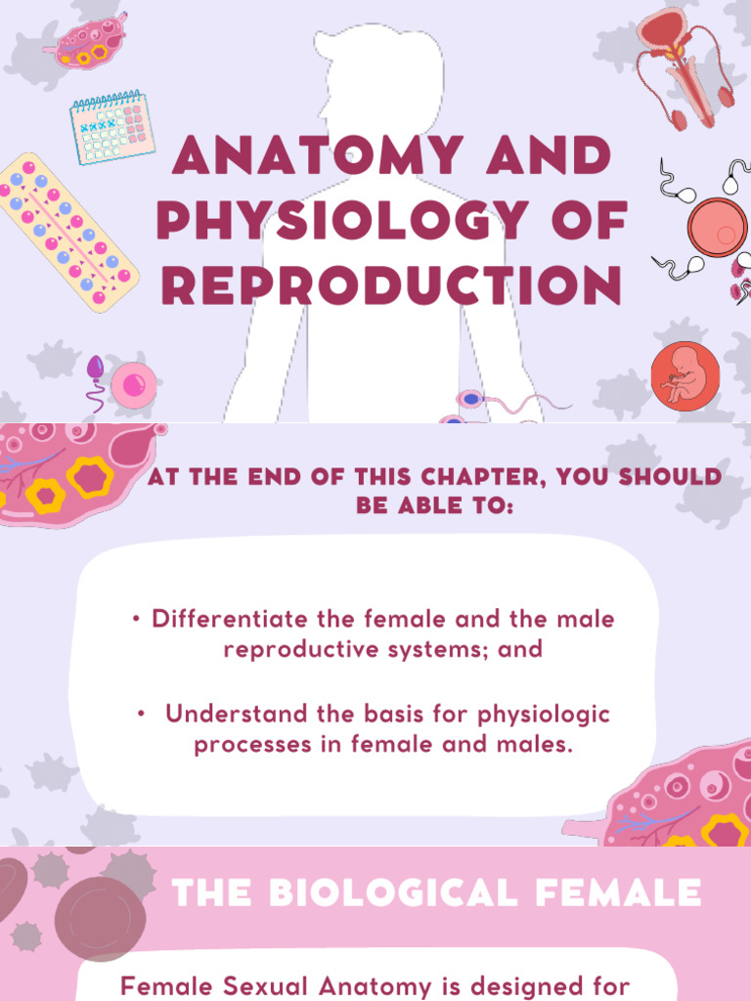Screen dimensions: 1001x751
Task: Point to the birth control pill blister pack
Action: (x=66, y=232)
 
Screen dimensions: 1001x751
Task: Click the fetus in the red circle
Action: (x=685, y=375)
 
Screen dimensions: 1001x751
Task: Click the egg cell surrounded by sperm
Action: (x=717, y=228)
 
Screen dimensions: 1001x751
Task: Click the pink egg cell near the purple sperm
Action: (x=134, y=384)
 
